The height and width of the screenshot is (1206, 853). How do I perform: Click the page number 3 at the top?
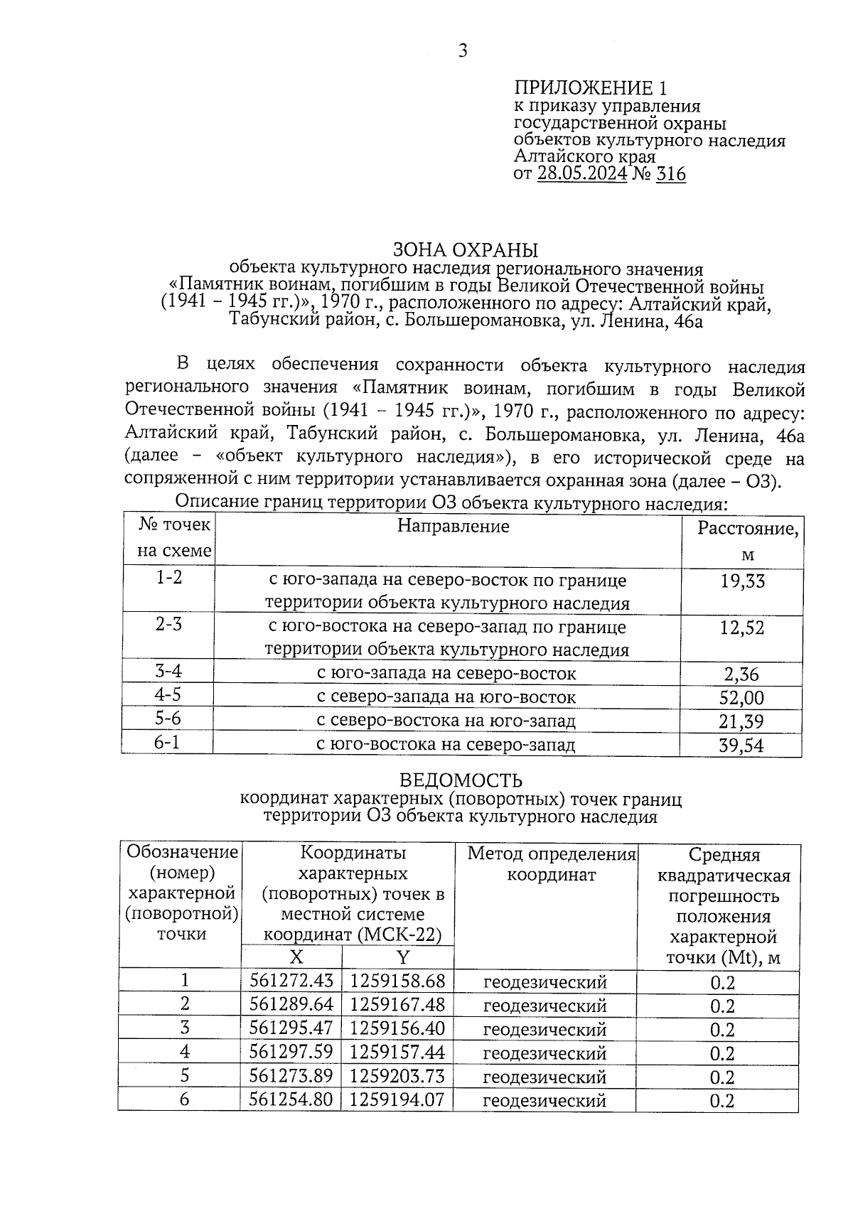[463, 51]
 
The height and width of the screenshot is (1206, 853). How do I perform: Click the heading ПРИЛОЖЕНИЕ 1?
[591, 88]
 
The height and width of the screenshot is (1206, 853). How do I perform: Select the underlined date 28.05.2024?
[582, 174]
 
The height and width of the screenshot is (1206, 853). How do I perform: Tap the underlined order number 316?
[670, 174]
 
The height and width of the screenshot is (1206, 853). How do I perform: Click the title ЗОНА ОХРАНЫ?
[466, 250]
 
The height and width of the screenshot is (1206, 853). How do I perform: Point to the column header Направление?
[453, 526]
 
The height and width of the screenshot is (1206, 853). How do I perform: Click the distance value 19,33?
[742, 582]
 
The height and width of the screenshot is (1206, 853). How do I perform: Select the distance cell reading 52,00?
[741, 698]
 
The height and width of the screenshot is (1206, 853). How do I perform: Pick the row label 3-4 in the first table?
[168, 671]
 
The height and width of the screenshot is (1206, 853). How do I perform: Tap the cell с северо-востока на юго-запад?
[446, 721]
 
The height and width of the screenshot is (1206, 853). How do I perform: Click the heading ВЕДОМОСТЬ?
[461, 781]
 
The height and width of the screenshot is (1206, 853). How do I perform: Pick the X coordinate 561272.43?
[291, 981]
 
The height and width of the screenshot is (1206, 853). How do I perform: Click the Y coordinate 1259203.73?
[397, 1076]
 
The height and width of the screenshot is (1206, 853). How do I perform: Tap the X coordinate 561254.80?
[291, 1099]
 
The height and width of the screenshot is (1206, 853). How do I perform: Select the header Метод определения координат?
[551, 864]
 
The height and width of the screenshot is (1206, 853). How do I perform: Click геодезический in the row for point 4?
[545, 1052]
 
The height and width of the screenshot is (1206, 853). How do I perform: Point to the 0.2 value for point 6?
[722, 1101]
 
